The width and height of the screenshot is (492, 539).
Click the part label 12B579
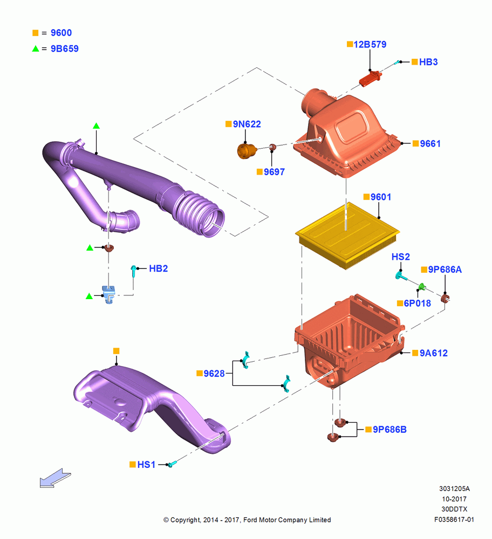click(370, 44)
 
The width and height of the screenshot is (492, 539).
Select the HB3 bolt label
click(428, 62)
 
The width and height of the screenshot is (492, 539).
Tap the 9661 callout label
click(430, 144)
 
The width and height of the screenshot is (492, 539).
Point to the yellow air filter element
click(347, 235)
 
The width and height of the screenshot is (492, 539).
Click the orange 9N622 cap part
click(247, 151)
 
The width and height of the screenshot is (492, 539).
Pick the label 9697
click(274, 172)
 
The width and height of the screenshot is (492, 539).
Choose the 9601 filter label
click(381, 197)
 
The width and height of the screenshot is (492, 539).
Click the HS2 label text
click(401, 257)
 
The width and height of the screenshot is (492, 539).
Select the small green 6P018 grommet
click(421, 287)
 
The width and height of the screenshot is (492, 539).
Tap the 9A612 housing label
click(434, 353)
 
